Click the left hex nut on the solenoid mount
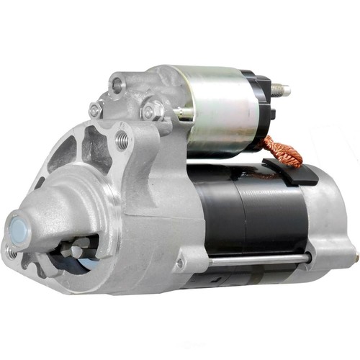point(94,110)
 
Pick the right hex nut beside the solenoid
point(149,112)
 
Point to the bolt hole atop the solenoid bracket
point(117,85)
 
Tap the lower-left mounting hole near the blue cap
point(12,252)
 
